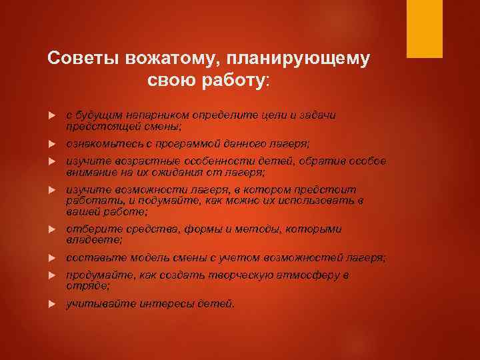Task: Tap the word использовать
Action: pos(312,200)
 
